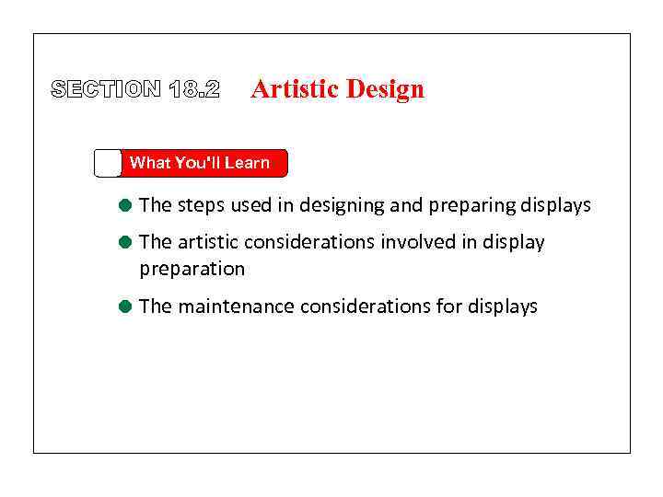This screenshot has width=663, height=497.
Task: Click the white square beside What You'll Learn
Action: (x=108, y=163)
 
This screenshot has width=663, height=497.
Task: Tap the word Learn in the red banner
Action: (x=247, y=163)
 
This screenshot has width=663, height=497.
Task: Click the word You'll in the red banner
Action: (x=197, y=163)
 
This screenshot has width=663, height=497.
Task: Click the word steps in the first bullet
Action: (x=201, y=205)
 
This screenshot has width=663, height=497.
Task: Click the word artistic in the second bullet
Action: (x=207, y=242)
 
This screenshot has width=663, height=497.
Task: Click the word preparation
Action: (x=192, y=270)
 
